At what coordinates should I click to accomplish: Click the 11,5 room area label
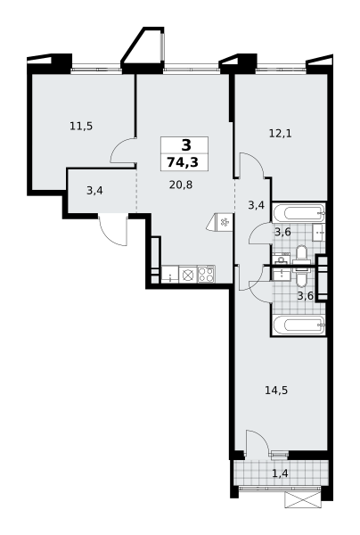coord(81,127)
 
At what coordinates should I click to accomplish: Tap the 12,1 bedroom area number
coord(280,134)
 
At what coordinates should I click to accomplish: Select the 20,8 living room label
coord(181,185)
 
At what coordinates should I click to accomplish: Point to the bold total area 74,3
coord(183,163)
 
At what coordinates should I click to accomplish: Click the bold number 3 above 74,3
coord(186,145)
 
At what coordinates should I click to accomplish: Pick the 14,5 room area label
coord(276,390)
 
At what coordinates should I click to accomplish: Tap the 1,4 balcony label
coord(280,473)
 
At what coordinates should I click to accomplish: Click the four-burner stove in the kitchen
coord(207,275)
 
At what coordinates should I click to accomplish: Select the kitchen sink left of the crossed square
coord(170,275)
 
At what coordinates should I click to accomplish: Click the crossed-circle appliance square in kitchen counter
coord(188,275)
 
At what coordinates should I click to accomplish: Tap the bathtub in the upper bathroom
coord(299,213)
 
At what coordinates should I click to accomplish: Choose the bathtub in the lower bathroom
coord(299,325)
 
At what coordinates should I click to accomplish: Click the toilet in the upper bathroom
coord(301,255)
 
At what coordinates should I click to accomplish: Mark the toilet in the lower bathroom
coord(301,276)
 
